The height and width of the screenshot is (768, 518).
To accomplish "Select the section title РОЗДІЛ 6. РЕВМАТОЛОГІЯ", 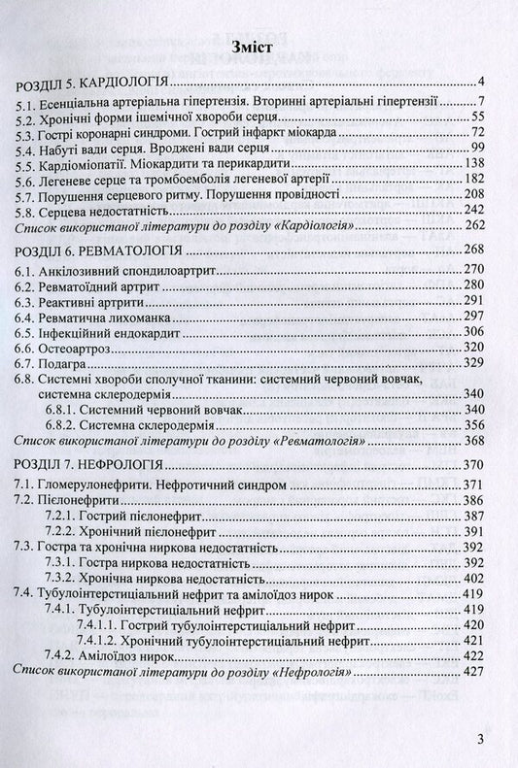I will coord(93,250).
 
